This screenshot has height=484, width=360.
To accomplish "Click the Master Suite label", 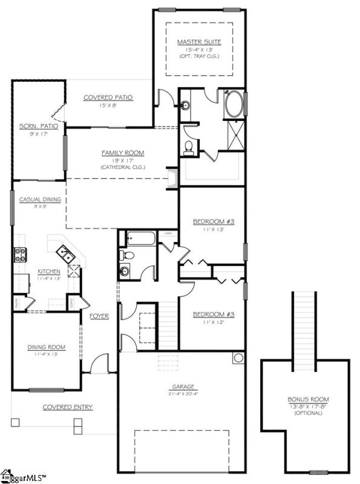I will tap(198, 42).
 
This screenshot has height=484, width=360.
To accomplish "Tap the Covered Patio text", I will tap(108, 97).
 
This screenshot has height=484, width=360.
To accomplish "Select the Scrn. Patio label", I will tap(33, 126).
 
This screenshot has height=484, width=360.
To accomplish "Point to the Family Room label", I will tap(123, 153).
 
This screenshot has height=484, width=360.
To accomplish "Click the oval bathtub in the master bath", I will tap(234, 105).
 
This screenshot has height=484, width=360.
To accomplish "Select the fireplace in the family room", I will tap(174, 177).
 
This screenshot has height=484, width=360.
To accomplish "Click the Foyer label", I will tap(99, 316).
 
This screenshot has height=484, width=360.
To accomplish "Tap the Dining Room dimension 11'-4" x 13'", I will tap(46, 354).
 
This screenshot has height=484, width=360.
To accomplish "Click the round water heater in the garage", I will tap(237, 358).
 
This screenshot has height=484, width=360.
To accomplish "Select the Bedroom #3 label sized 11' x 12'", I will tap(212, 315).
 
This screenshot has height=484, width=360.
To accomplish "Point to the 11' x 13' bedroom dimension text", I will tap(213, 229).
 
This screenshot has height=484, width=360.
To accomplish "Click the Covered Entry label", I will tap(67, 407).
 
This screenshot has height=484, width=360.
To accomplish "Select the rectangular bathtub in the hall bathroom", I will tap(137, 238).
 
